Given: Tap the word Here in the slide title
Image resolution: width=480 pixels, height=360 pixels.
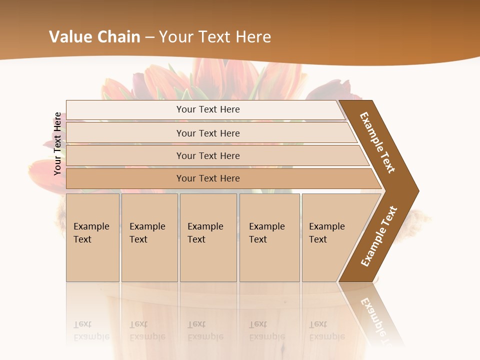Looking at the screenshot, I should coord(253,37).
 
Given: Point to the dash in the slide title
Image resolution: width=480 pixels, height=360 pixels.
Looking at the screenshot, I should coord(149,37).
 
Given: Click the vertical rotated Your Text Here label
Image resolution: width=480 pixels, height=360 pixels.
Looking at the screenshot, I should coord(57,143).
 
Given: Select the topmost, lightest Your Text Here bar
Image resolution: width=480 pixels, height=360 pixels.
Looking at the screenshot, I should coord(208,109).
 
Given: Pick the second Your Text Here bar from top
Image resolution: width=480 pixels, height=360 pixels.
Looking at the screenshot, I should coord(208,133).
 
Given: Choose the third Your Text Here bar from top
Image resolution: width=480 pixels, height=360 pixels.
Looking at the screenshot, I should coord(208,155).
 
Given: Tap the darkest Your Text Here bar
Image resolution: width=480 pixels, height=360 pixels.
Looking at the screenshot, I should coord(208,178).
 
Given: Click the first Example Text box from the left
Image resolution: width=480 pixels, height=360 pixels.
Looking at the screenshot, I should coord(92,237).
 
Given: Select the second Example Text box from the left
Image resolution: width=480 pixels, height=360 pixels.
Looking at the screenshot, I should coord(149,237).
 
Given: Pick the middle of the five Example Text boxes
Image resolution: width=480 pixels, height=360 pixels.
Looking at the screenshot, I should coord(208,237).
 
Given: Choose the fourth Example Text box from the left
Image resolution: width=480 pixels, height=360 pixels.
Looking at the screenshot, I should coord(269,237).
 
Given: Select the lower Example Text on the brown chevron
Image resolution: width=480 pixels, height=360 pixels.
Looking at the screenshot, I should coord(379,236).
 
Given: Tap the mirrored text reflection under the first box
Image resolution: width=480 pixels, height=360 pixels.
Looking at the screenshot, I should coord(91,330).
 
